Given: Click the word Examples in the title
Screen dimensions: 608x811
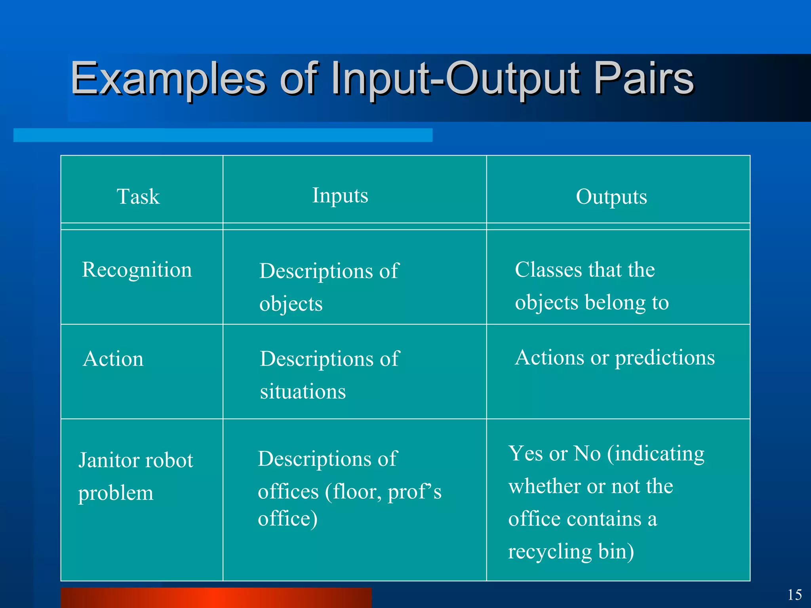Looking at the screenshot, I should [x=168, y=79].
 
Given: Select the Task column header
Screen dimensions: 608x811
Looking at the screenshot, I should [x=138, y=196].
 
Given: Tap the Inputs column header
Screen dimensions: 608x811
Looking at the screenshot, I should [x=340, y=195].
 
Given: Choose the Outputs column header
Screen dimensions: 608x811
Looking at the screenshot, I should [x=611, y=196].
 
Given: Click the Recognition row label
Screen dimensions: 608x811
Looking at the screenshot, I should [x=137, y=270].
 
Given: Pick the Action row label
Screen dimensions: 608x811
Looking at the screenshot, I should [x=113, y=359].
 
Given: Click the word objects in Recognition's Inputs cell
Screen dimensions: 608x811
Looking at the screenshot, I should [x=291, y=304].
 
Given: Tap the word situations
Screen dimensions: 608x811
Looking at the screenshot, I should [x=303, y=391].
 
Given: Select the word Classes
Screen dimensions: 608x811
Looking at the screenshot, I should [x=548, y=270].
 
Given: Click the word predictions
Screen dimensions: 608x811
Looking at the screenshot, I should [x=665, y=357].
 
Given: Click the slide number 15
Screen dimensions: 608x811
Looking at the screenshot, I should [x=794, y=595].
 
